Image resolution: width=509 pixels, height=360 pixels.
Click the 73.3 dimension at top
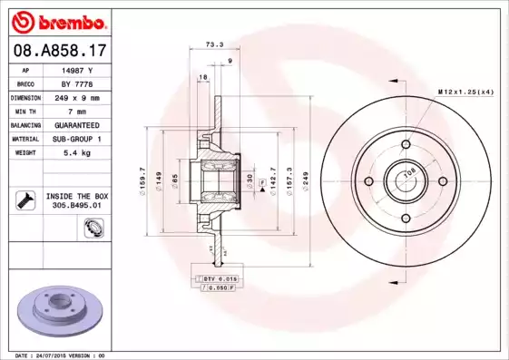pos(213,43)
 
